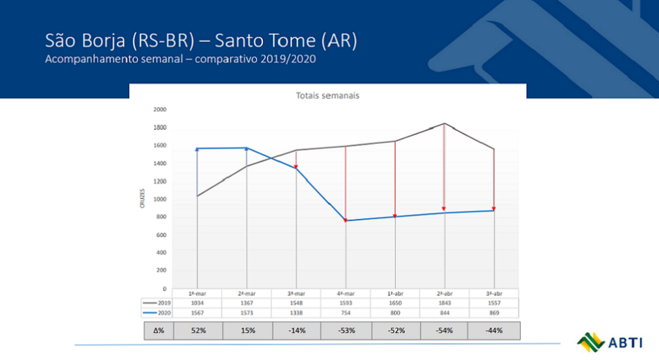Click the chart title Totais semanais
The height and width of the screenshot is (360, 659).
(327, 95)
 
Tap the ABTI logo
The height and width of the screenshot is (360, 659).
(606, 341)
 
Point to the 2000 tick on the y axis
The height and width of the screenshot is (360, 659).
(160, 109)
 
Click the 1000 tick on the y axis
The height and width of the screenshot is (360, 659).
(160, 199)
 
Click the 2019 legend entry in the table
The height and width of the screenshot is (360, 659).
(157, 303)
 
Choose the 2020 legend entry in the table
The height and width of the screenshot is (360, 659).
(157, 313)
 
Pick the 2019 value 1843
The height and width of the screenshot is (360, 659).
(444, 303)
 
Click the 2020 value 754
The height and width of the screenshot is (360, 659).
(345, 313)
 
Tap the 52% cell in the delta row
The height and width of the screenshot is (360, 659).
(197, 330)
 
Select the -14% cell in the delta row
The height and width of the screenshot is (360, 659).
(296, 330)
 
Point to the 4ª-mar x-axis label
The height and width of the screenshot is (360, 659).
(345, 294)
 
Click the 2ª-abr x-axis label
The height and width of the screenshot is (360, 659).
(444, 294)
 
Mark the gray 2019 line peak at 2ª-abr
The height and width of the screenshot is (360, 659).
(444, 124)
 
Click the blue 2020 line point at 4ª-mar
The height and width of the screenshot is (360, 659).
(345, 221)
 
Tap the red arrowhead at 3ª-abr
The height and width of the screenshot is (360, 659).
(493, 209)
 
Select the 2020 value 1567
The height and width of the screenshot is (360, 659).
(197, 313)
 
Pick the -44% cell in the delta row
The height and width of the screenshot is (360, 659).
(493, 330)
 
